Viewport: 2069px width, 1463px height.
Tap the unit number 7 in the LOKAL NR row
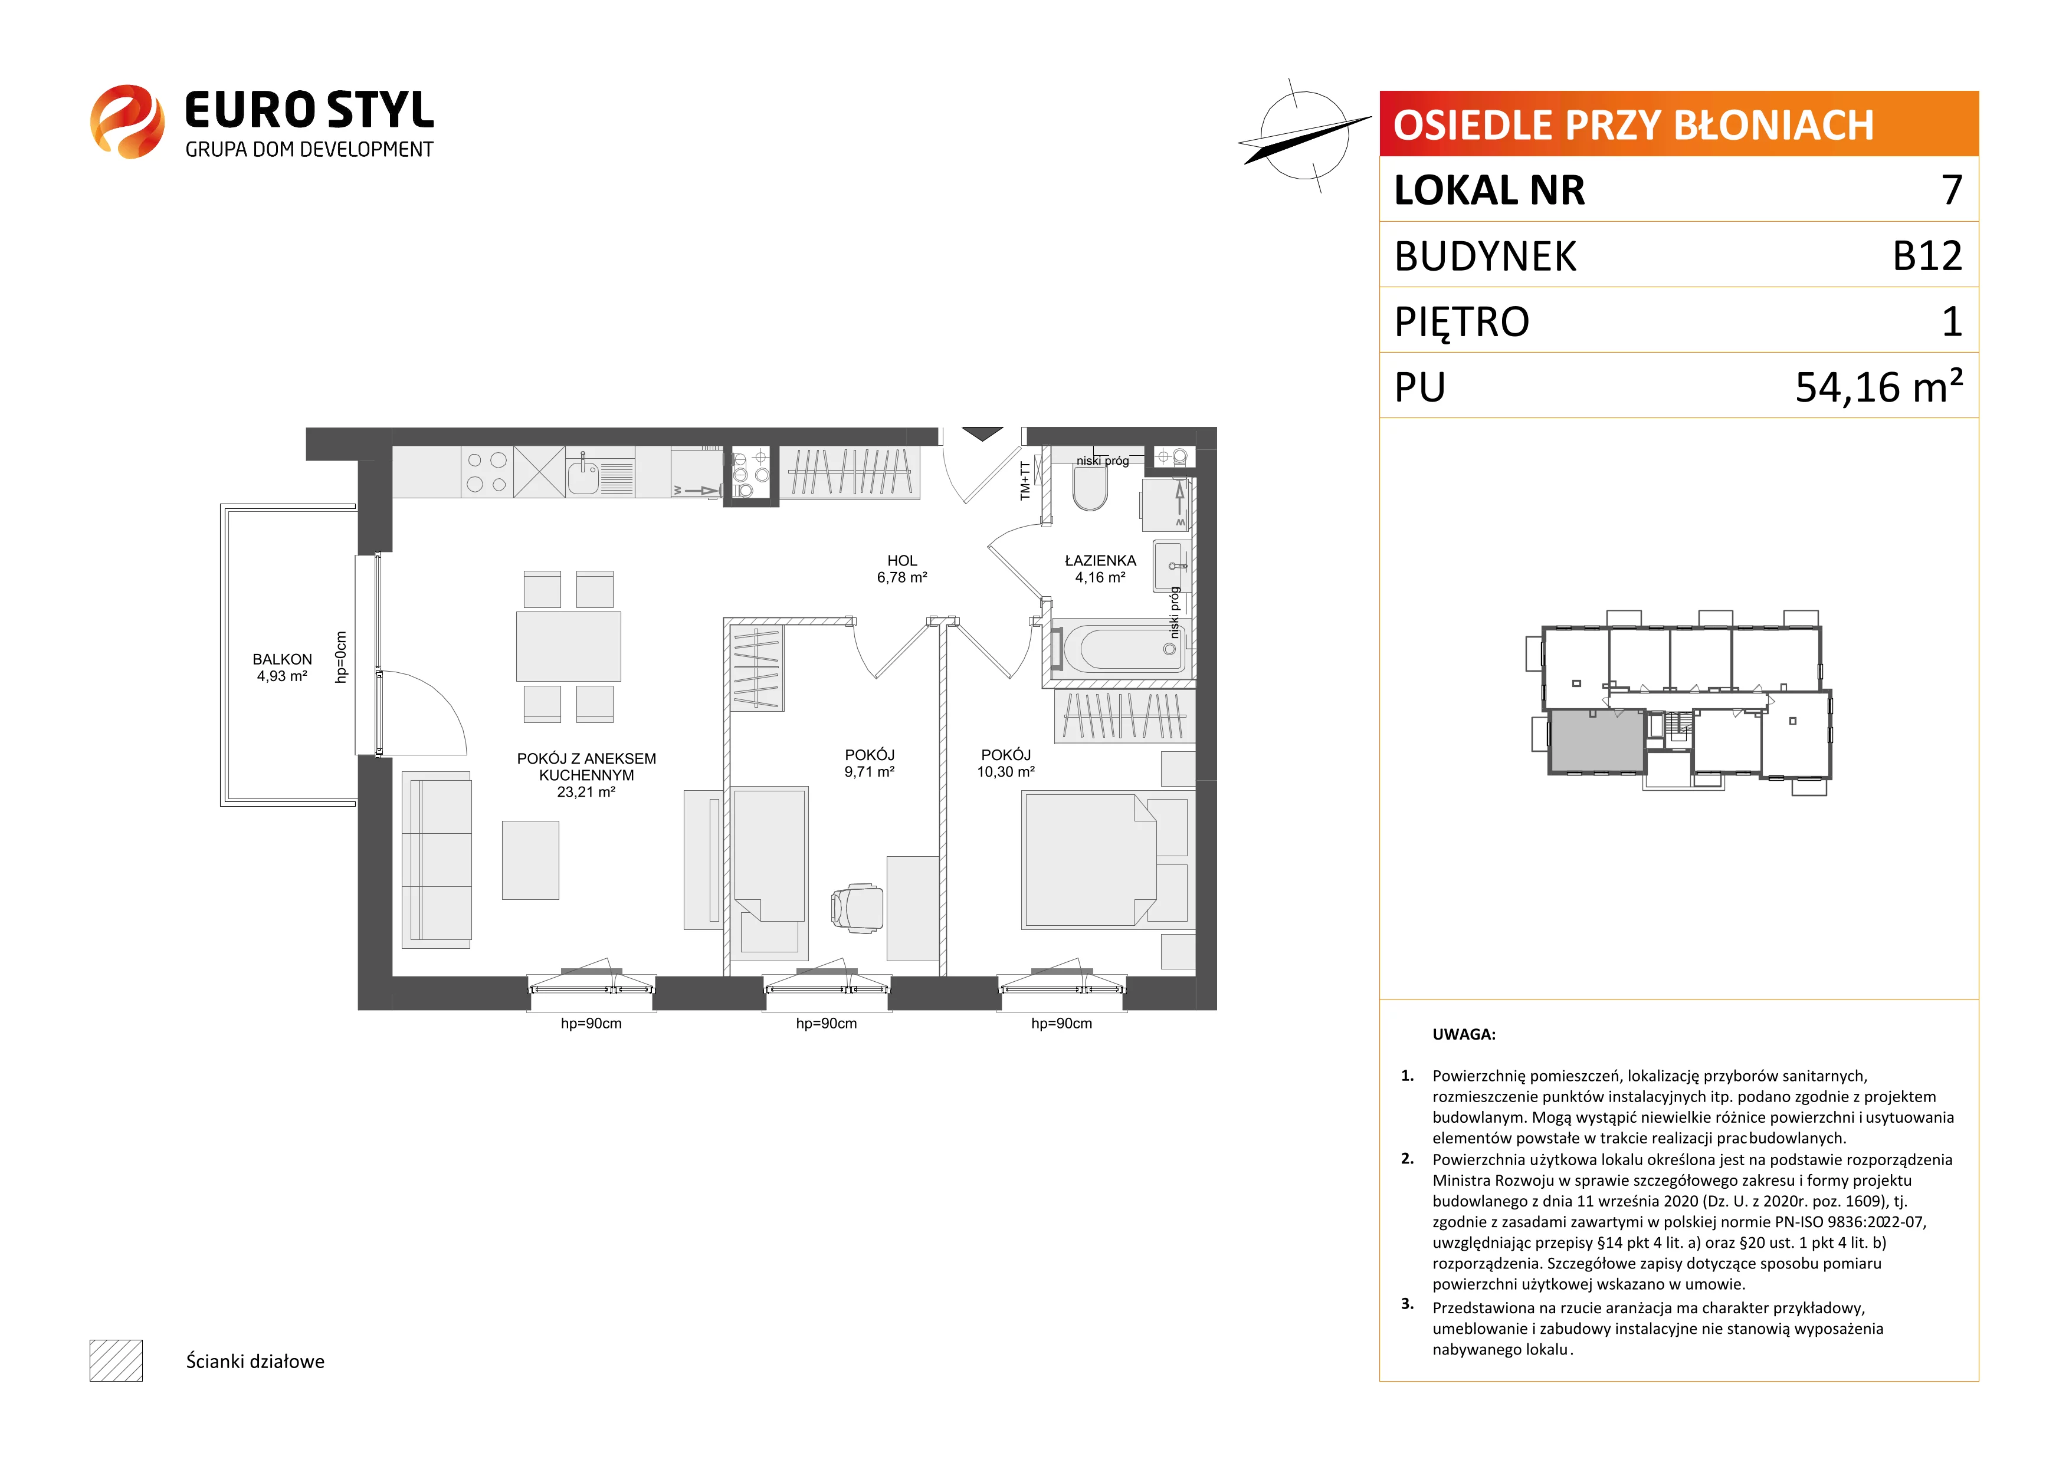(1951, 190)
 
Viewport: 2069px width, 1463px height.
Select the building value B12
(1927, 256)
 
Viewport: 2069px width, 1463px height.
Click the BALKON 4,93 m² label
(282, 668)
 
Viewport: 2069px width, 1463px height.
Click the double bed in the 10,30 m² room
(1090, 859)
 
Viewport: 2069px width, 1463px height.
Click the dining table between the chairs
(569, 646)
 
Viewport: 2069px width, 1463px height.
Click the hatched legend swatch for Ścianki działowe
(116, 1360)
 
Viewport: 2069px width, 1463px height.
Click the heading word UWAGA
(1464, 1034)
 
